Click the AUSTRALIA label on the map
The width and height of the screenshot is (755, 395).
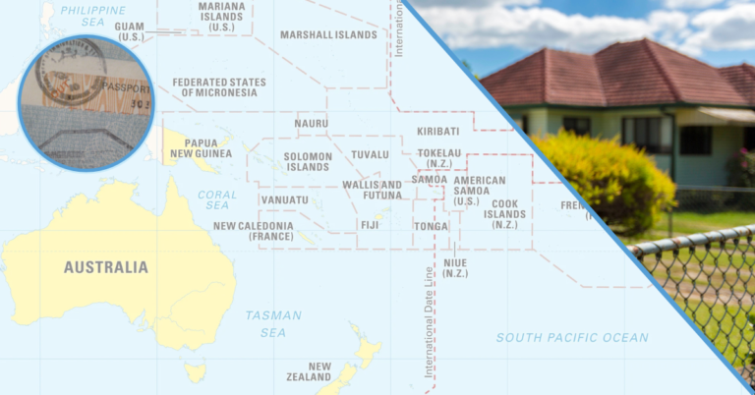click(106, 267)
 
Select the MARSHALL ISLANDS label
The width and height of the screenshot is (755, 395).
click(328, 34)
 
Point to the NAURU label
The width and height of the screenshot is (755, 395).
click(311, 124)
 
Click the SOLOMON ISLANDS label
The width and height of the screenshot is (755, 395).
click(308, 161)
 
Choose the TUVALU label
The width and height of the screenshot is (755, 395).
click(370, 155)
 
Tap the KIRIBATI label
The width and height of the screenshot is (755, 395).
click(437, 132)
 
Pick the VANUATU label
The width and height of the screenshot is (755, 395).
click(285, 200)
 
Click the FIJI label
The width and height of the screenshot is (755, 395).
click(370, 225)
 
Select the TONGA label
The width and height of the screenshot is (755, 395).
click(431, 226)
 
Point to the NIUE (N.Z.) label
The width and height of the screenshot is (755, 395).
click(455, 268)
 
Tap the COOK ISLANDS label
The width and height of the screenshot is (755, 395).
click(505, 213)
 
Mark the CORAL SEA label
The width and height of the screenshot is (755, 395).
click(217, 199)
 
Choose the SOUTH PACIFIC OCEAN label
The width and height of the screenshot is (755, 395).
click(571, 338)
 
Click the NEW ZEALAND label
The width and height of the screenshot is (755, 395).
click(308, 371)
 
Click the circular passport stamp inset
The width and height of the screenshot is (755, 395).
click(86, 102)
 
